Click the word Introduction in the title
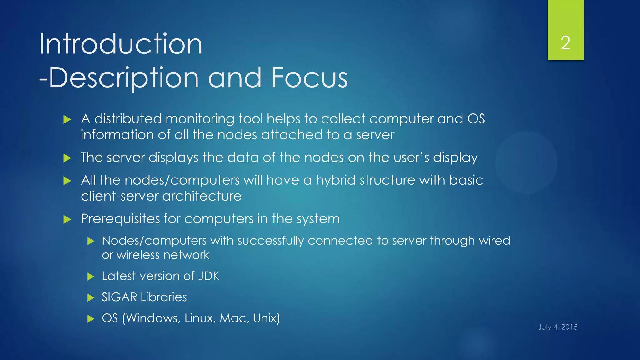pyautogui.click(x=121, y=44)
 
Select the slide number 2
pyautogui.click(x=565, y=43)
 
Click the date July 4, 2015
pyautogui.click(x=557, y=327)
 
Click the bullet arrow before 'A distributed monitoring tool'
pyautogui.click(x=67, y=119)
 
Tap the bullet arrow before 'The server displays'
pyautogui.click(x=67, y=158)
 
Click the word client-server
pyautogui.click(x=120, y=196)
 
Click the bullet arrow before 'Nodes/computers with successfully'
pyautogui.click(x=91, y=241)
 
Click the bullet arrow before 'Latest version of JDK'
pyautogui.click(x=91, y=277)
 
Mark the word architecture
pyautogui.click(x=202, y=196)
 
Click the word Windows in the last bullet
pyautogui.click(x=153, y=318)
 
